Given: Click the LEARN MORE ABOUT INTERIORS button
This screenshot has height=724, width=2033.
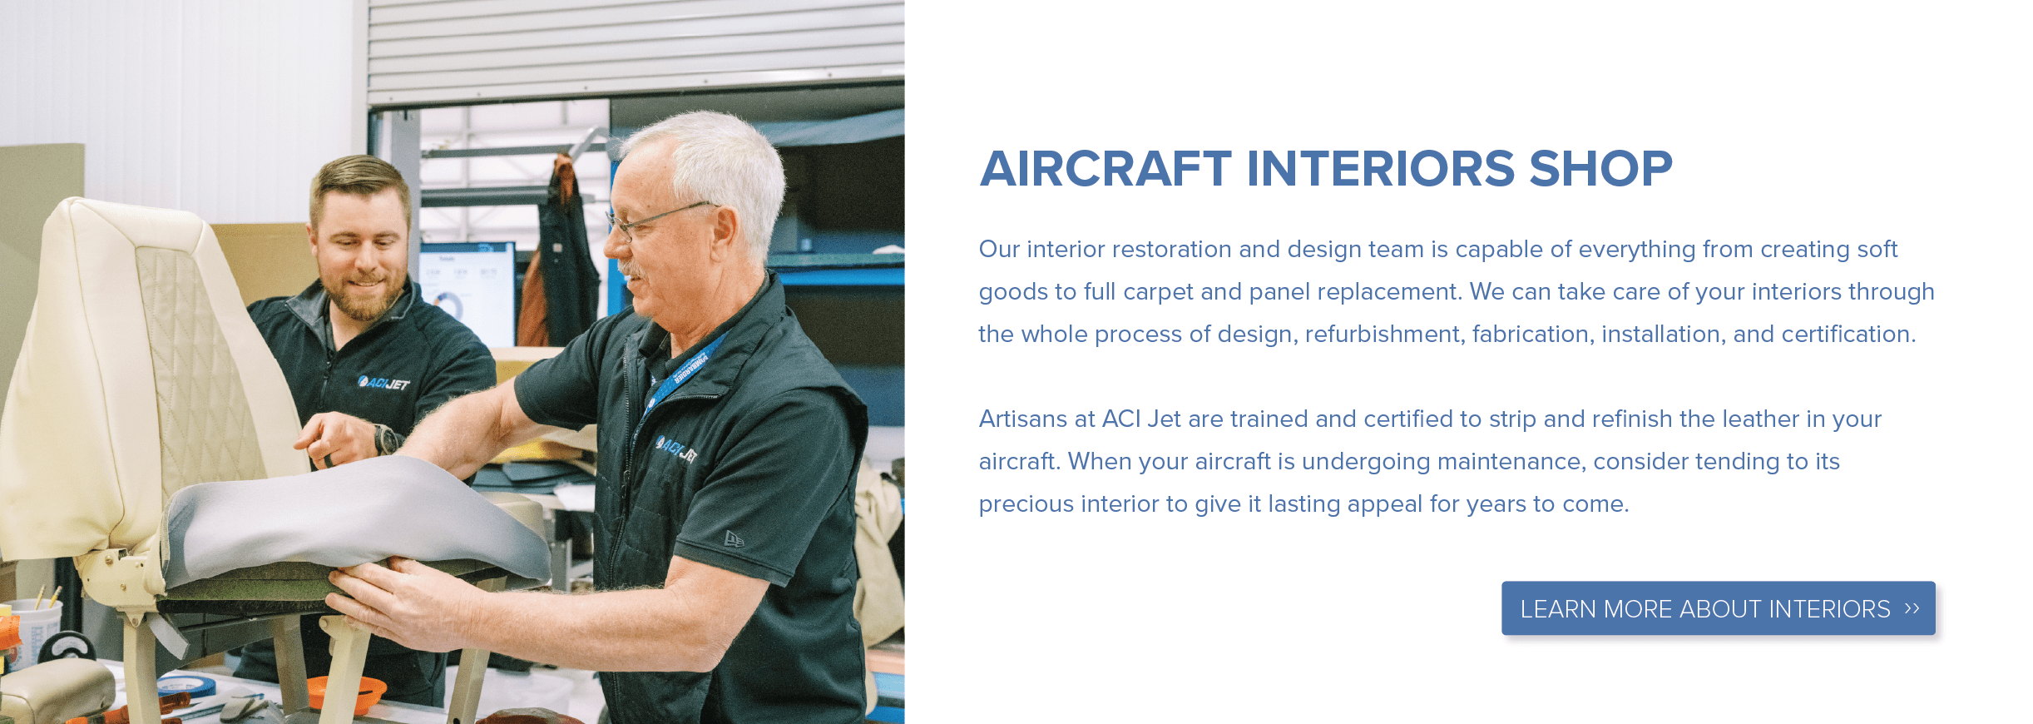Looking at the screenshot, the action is tap(1718, 608).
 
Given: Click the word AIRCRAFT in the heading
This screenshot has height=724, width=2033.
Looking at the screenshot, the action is tap(1106, 169).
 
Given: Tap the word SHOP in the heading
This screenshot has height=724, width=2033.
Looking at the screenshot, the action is tap(1600, 169).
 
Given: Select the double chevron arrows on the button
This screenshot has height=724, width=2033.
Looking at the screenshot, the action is tap(1912, 608).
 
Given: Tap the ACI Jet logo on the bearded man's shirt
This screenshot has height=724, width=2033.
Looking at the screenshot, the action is tap(383, 383).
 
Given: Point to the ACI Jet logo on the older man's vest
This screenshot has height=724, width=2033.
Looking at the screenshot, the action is tap(677, 450).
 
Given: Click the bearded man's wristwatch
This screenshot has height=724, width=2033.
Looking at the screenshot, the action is tap(385, 439).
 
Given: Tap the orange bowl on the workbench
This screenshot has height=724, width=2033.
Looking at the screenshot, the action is tap(346, 692).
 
